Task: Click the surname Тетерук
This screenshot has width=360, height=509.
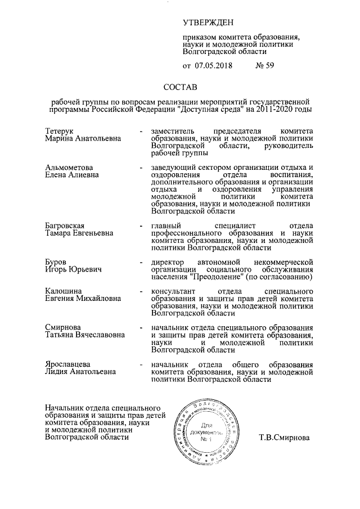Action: (x=60, y=131)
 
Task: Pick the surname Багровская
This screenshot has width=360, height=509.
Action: (x=65, y=226)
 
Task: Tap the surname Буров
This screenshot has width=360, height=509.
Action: (x=56, y=262)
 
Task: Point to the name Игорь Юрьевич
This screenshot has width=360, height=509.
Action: (x=73, y=269)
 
